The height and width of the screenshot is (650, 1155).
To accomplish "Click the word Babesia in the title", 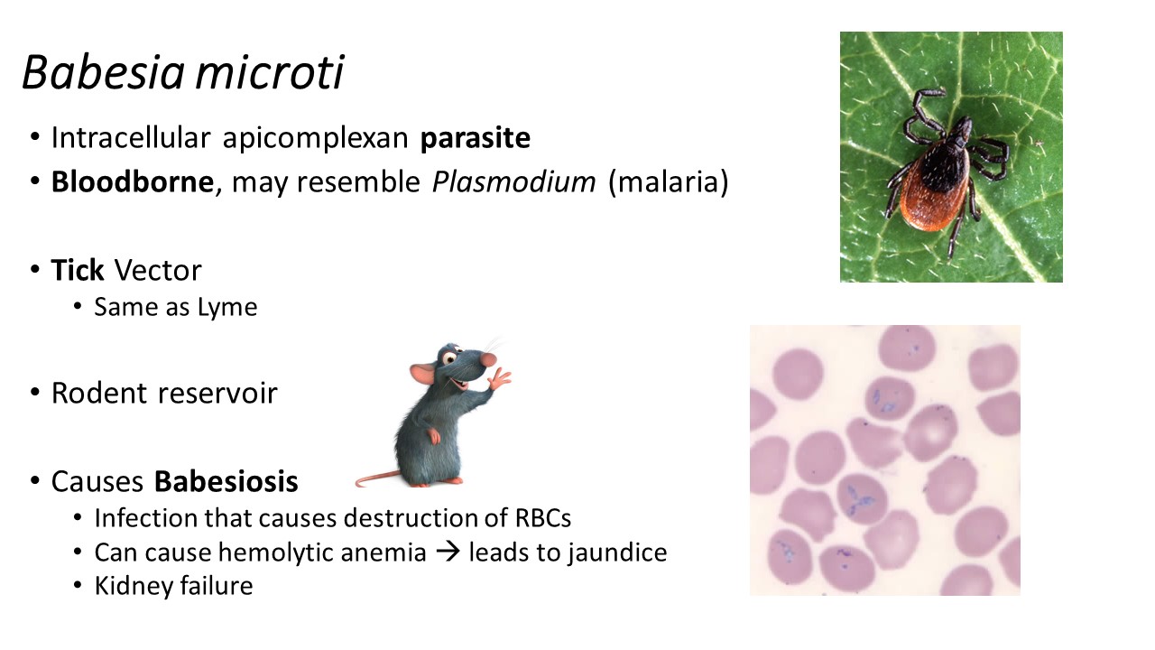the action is click(x=103, y=72).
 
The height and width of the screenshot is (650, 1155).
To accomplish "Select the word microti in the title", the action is click(x=270, y=72).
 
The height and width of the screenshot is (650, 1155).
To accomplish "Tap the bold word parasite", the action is click(x=475, y=138).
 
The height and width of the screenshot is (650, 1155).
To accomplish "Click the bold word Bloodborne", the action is click(x=133, y=181).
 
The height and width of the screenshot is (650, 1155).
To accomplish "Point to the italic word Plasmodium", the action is click(x=513, y=182).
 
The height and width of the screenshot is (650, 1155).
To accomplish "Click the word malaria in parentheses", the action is click(x=669, y=182).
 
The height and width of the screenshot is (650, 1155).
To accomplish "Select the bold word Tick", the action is click(x=78, y=270).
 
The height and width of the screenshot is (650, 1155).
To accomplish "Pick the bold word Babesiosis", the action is click(x=226, y=481).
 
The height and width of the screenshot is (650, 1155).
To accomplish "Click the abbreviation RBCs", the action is click(x=543, y=518).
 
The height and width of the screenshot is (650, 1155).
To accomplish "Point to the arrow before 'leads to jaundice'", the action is click(x=448, y=552).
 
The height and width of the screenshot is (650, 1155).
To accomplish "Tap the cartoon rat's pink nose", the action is click(x=489, y=359).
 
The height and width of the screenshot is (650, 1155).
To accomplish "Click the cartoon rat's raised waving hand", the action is click(x=499, y=378).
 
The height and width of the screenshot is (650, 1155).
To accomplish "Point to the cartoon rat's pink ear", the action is click(x=423, y=374).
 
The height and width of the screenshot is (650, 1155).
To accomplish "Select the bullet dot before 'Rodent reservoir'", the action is click(x=35, y=393).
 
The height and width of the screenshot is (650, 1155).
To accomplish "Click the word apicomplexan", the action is click(x=316, y=138).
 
